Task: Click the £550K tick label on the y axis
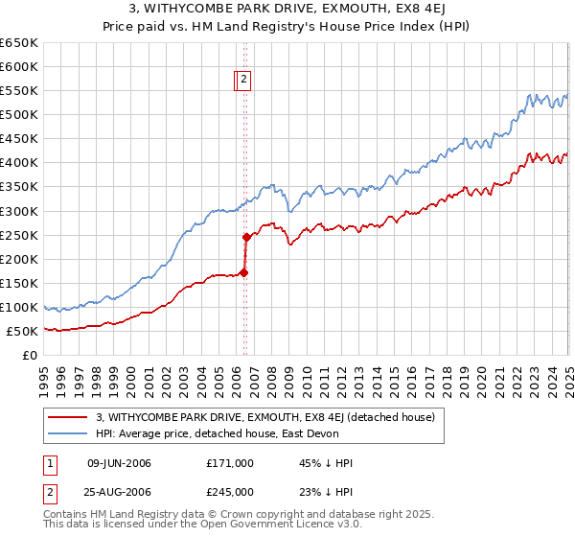19,91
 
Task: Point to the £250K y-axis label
19,235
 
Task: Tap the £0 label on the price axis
30,355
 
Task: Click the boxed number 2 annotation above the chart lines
244,82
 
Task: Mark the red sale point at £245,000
246,237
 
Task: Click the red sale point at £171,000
243,272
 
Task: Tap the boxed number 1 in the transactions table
49,463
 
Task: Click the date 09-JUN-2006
119,463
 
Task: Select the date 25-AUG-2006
119,492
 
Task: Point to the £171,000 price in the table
230,463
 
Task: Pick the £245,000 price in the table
230,492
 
